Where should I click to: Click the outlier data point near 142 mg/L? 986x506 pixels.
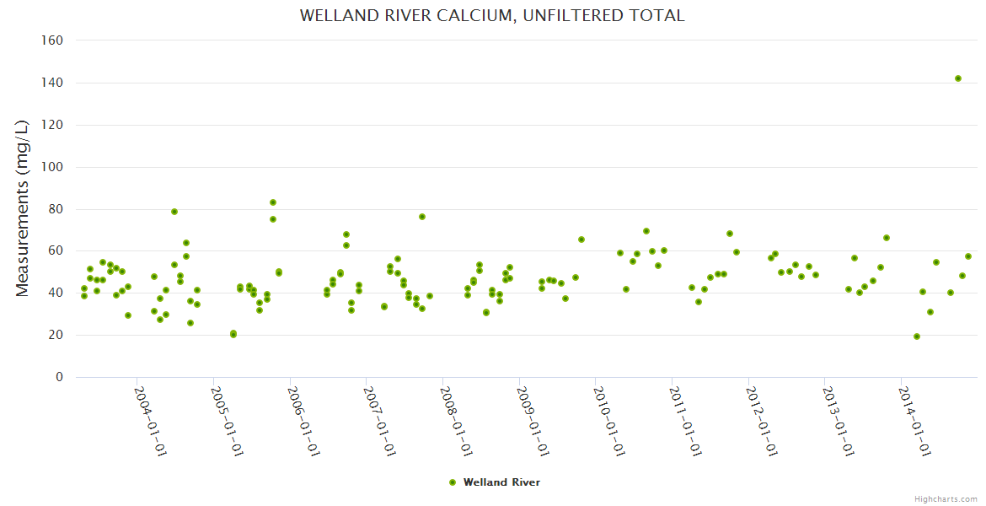point(958,78)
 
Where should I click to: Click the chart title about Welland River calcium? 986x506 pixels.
point(492,15)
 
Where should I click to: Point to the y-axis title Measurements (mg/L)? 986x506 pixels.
point(23,208)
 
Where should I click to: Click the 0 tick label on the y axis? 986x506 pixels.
point(59,377)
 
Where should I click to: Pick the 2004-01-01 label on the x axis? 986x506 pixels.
point(150,422)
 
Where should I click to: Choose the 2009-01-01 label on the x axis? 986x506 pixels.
point(532,422)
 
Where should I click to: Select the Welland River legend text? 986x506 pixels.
point(501,482)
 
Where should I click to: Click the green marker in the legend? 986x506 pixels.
point(453,482)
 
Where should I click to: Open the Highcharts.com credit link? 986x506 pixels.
point(946,498)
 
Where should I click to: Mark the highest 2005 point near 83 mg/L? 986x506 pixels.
point(273,202)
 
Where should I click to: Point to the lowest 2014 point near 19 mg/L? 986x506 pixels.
point(917,336)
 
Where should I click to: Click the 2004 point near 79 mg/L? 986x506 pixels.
point(174,212)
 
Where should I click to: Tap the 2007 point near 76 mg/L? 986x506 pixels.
point(422,217)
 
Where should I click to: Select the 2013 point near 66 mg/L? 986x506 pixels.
point(887,238)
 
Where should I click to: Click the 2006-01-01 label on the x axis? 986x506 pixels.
point(303,422)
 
